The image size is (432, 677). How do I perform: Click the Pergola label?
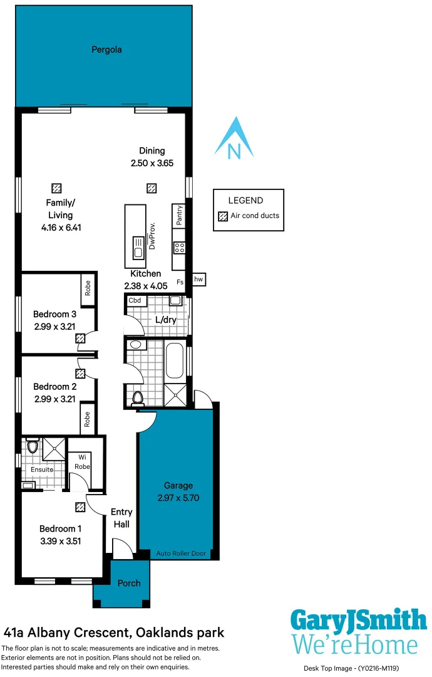pos(106,50)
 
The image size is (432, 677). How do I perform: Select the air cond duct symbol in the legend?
pos(222,216)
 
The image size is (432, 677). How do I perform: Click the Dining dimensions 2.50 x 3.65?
pos(152,163)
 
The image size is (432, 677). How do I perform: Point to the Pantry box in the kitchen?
pos(179,215)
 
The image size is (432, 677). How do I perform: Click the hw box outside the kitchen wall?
pos(198,280)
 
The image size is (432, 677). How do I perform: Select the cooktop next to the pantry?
pos(179,241)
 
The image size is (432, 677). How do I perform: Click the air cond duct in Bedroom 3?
pos(80,338)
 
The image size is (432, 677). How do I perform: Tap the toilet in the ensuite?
pos(33,446)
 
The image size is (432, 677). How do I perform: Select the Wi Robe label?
pos(81,462)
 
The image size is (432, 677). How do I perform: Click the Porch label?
pos(129,583)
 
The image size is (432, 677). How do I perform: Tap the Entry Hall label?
pos(121,518)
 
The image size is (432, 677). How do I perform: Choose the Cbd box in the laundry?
pos(135,301)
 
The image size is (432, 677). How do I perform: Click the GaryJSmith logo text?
pos(358,621)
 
